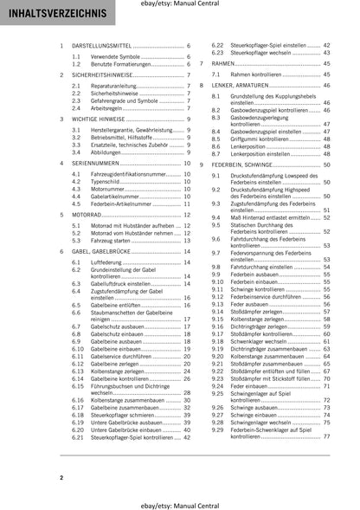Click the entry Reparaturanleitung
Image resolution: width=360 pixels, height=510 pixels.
pyautogui.click(x=117, y=87)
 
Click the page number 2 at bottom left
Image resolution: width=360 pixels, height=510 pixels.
pyautogui.click(x=61, y=478)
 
